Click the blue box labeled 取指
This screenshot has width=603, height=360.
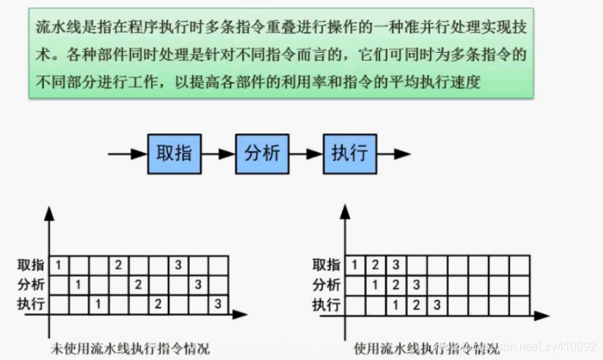175,154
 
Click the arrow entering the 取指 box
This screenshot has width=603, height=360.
127,154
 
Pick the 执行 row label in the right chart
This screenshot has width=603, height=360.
326,304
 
